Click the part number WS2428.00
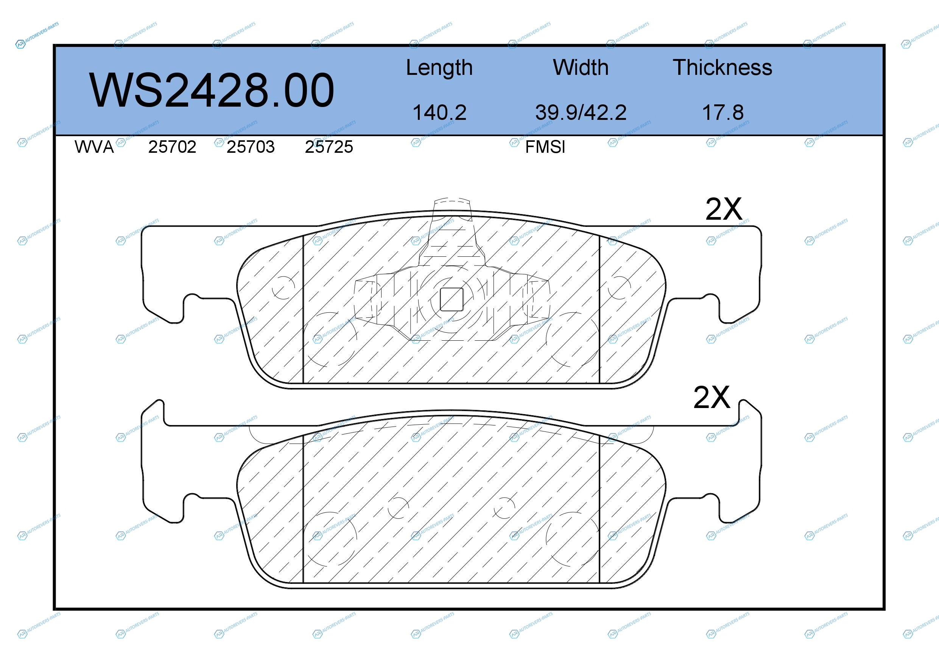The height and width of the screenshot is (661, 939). (x=212, y=90)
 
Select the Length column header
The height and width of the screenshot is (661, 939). (x=439, y=68)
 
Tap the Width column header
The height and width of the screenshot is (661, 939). (x=580, y=67)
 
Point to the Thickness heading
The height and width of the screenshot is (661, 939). (x=722, y=67)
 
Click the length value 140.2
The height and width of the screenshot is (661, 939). (x=439, y=112)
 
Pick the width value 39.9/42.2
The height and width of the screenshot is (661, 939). (x=581, y=112)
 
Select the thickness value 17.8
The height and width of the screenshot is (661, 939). (x=723, y=112)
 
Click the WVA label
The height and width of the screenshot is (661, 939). (x=94, y=147)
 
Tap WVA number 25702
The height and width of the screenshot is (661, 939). (x=172, y=147)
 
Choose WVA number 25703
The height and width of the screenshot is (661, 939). (x=251, y=147)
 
